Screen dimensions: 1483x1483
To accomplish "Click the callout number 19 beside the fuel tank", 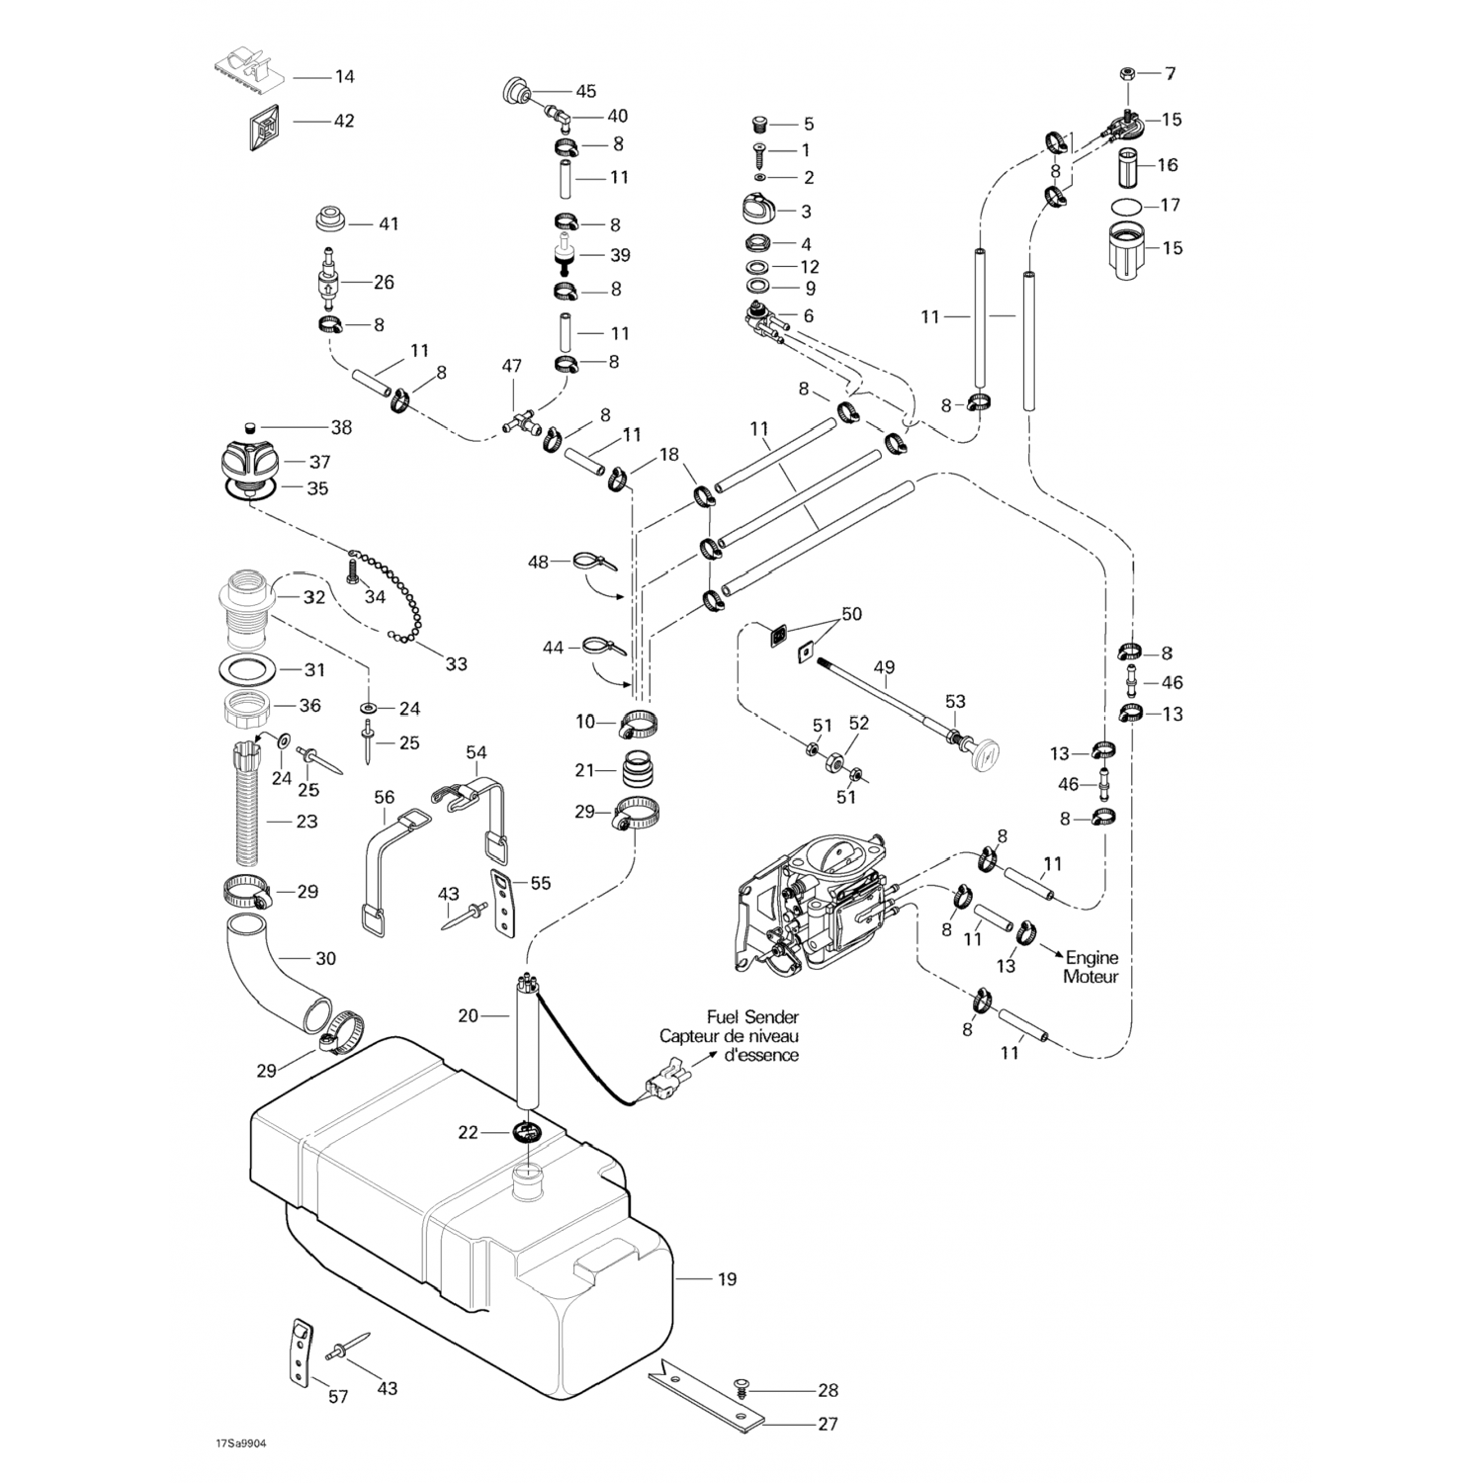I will coord(727,1279).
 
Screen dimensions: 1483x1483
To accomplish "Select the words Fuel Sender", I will coord(752,1016).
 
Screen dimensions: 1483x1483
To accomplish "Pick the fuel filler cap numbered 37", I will coord(250,462).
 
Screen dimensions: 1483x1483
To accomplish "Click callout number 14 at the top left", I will coord(344,76).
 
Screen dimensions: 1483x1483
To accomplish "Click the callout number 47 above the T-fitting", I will coord(511,366).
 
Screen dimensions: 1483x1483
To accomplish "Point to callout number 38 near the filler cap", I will coord(341,428).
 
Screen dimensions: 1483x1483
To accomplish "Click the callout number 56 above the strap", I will coord(384,797).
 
